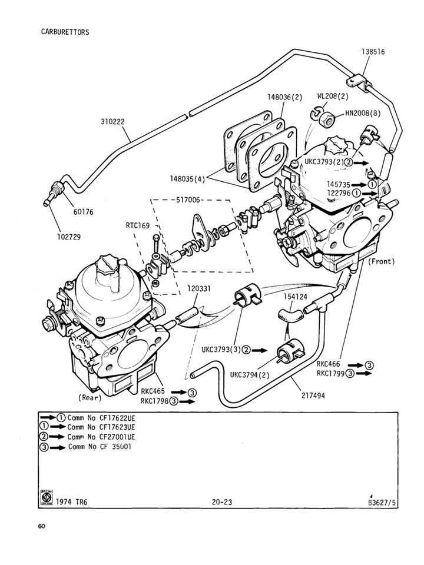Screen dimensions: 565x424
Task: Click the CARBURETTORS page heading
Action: pos(65,32)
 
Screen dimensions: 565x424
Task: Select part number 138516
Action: pos(373,52)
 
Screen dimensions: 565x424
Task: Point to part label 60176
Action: pos(84,211)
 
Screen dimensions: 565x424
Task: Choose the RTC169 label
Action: pos(137,225)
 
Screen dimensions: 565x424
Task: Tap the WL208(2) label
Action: pos(333,95)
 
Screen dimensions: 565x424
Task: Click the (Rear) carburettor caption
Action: pos(90,397)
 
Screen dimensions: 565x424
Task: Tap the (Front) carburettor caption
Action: pos(381,261)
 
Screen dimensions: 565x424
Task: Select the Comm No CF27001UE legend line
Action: pos(101,437)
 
